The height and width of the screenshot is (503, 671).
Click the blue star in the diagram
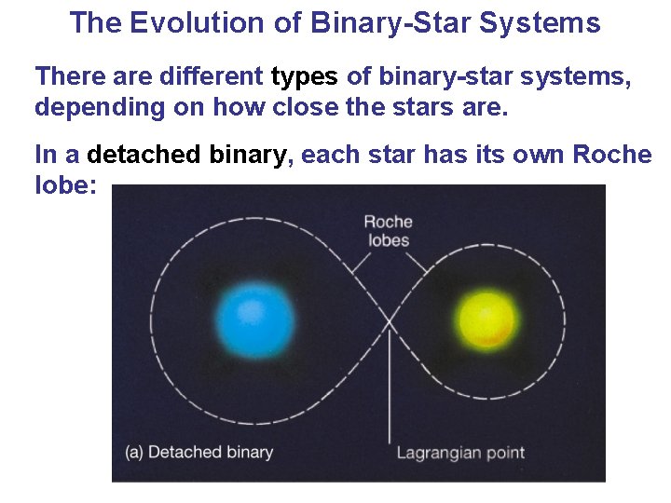253,319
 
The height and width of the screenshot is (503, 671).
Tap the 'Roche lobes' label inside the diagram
388,230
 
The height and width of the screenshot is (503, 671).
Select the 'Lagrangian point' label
460,453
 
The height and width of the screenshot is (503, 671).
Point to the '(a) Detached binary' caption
199,452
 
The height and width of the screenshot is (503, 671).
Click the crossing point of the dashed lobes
389,322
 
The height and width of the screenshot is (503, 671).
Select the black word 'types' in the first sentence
305,77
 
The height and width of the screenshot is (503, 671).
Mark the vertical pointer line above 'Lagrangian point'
389,391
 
